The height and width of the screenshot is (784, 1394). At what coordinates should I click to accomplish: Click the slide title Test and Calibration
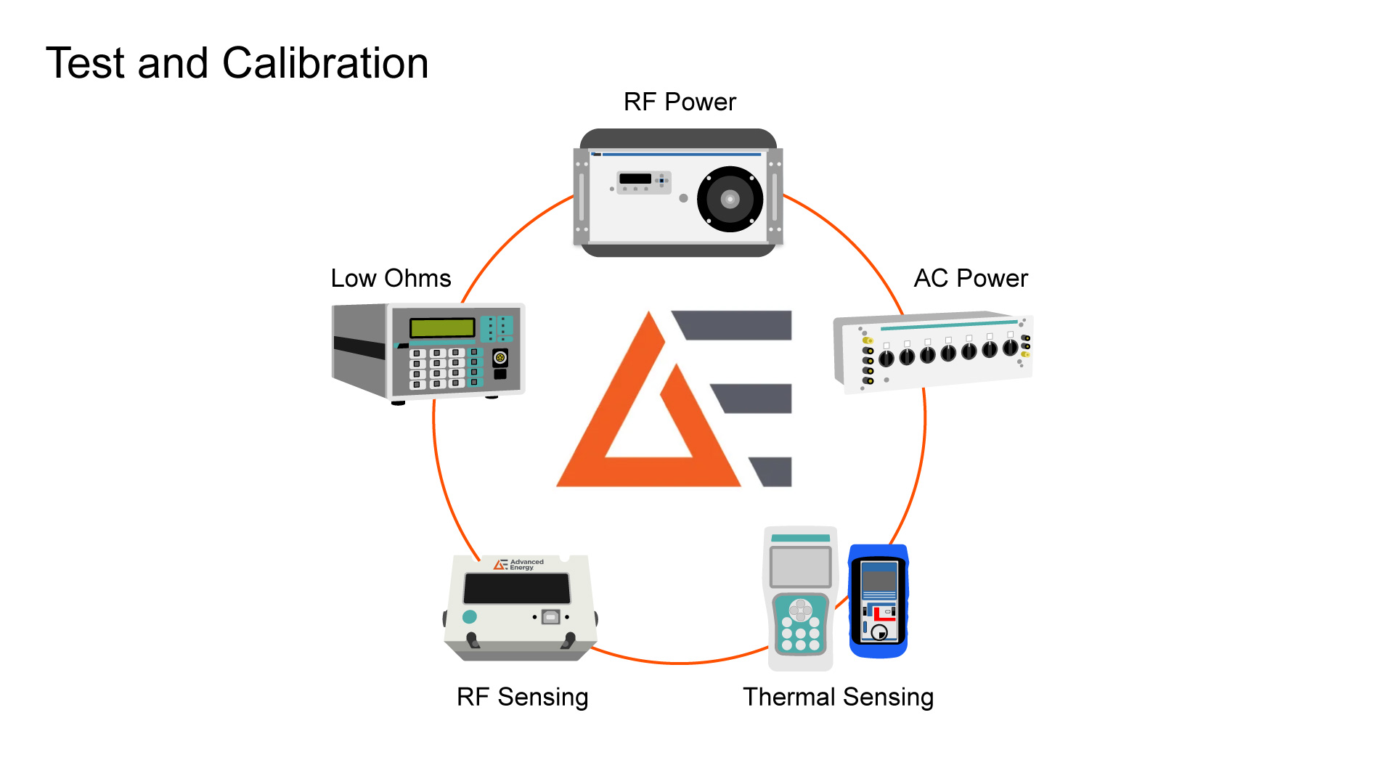(237, 63)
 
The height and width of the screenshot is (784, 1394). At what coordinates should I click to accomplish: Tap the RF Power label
(680, 102)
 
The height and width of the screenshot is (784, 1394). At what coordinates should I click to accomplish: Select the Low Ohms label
(391, 279)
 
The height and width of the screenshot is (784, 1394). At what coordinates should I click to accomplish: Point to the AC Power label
(971, 279)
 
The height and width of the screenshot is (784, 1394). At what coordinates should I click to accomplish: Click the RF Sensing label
(522, 697)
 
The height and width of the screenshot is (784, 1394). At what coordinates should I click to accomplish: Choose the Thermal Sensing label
(838, 697)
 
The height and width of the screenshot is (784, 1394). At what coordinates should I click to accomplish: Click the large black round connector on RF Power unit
(730, 199)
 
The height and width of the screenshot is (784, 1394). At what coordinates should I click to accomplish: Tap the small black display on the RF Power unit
(635, 179)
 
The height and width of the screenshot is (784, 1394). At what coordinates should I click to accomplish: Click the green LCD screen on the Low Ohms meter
(442, 327)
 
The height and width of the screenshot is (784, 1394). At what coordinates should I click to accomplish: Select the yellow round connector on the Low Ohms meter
(500, 357)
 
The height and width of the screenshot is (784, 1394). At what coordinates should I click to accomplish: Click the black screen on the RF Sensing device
(517, 588)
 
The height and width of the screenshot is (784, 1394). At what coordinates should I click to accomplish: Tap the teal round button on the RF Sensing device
(470, 617)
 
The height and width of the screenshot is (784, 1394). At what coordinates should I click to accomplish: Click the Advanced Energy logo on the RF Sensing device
(518, 564)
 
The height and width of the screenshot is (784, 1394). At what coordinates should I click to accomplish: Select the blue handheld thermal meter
(879, 601)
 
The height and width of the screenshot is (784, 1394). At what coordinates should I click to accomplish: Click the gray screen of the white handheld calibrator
(800, 566)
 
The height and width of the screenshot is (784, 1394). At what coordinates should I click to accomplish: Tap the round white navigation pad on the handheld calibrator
(800, 610)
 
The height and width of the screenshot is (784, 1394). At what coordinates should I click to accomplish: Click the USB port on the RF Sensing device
(550, 617)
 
